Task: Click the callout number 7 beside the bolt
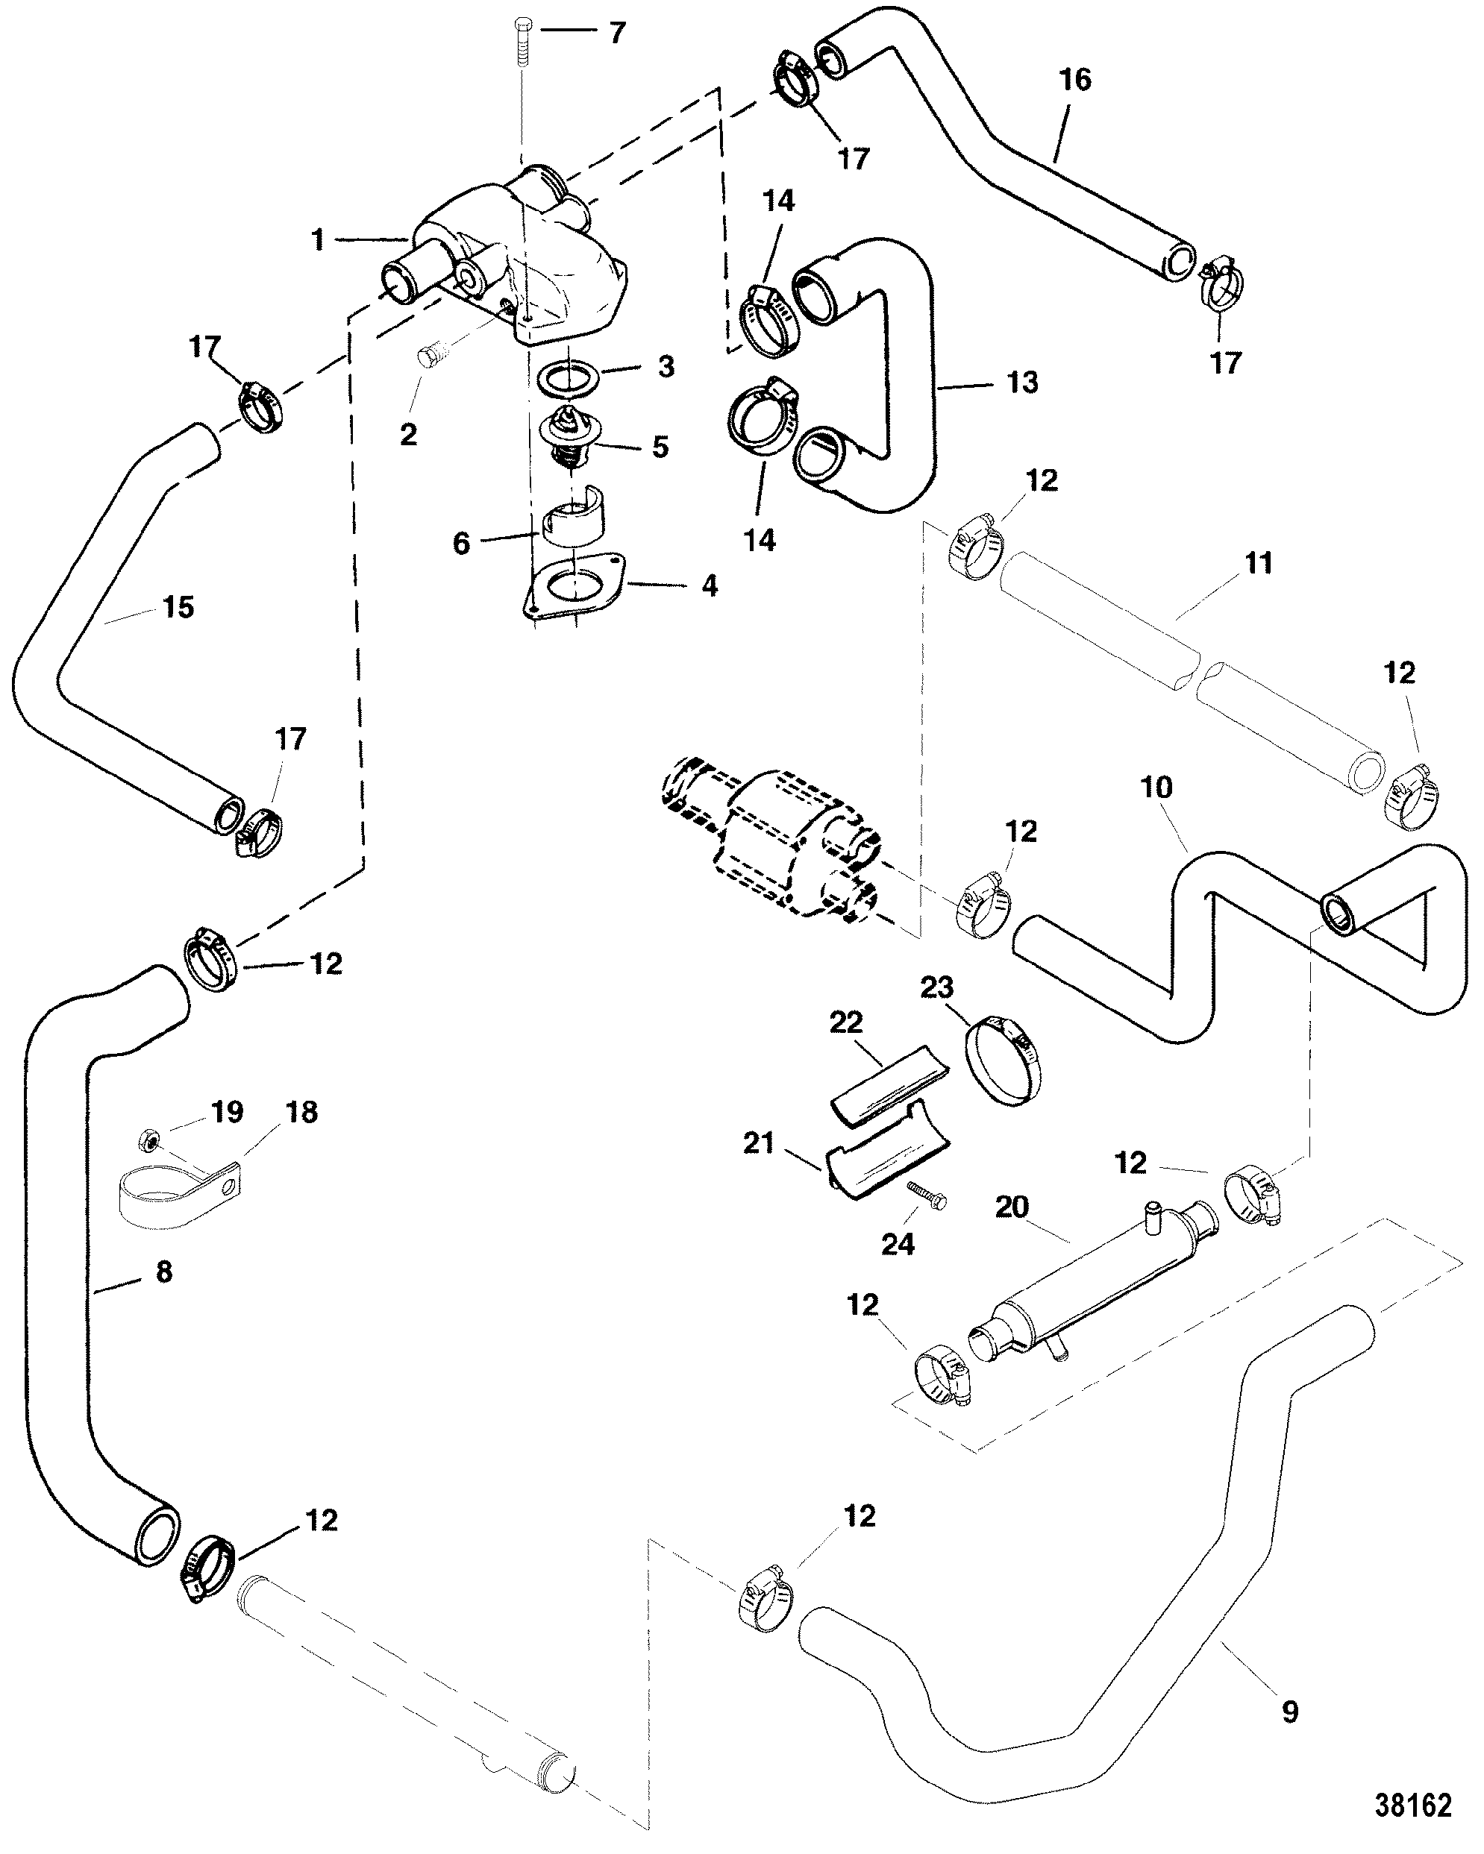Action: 618,34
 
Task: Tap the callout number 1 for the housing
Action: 319,239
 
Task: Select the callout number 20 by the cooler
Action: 1012,1207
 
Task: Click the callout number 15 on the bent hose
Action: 178,607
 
